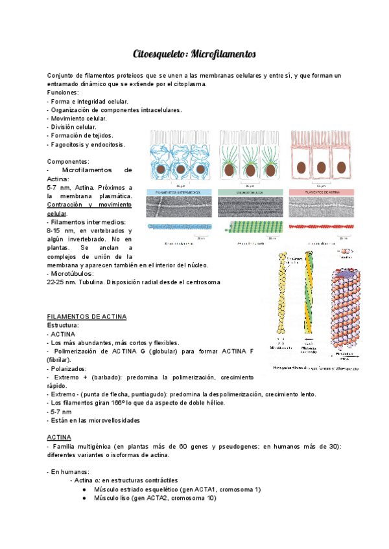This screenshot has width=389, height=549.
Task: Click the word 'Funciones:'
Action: (x=64, y=93)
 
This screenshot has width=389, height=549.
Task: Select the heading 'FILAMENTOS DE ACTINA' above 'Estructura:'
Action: (x=87, y=317)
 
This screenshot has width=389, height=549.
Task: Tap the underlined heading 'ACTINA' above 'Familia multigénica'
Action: (x=59, y=438)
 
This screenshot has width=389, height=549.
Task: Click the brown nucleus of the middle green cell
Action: (x=250, y=169)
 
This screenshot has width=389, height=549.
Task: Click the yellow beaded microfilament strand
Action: (x=283, y=295)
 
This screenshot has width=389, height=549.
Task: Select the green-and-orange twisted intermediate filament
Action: (x=309, y=295)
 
